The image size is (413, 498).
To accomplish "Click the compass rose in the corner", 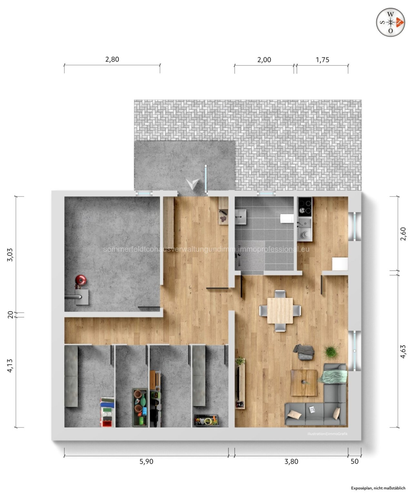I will (x=391, y=22).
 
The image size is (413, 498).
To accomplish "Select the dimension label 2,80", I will (x=112, y=59).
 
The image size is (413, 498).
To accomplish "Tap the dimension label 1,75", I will (x=322, y=60).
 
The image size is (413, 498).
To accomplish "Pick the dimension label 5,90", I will (x=146, y=461).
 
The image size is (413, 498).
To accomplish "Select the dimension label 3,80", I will (x=291, y=461).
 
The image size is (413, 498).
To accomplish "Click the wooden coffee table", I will (x=304, y=382).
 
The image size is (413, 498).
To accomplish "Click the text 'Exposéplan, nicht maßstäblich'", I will (x=378, y=488).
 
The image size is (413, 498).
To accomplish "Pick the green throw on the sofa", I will (x=334, y=376).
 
